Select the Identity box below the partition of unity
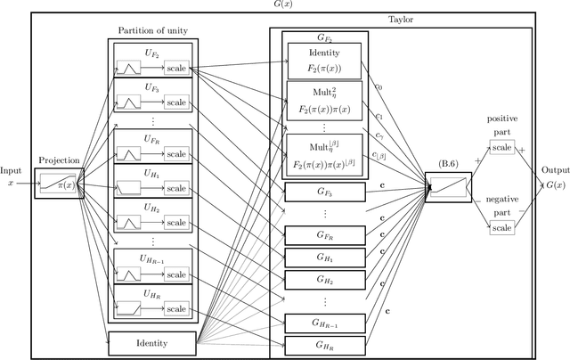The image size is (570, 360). coord(152,341)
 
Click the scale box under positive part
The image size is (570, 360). coord(502,148)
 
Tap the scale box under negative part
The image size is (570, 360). coord(502,228)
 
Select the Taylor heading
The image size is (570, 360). coord(401,19)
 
